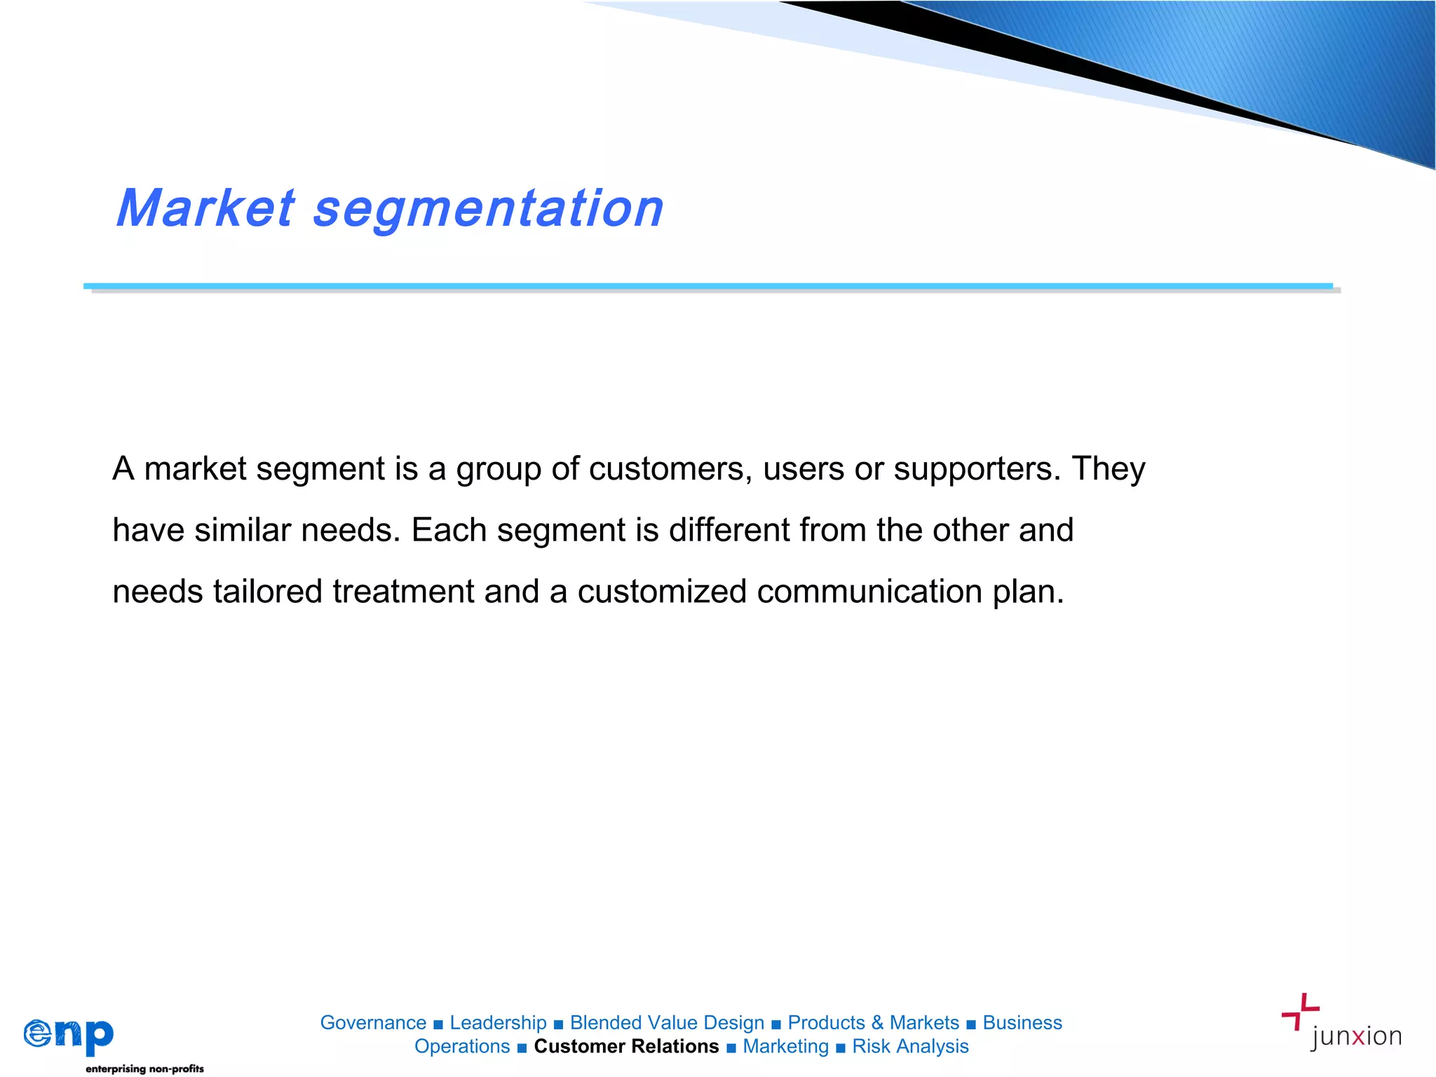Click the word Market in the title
coord(205,208)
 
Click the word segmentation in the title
coord(488,210)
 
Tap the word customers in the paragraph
coord(670,468)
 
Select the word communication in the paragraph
coord(869,592)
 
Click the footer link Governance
coord(373,1023)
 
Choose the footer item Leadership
coord(498,1023)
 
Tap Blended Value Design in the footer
coord(667,1023)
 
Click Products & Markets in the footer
coord(873,1023)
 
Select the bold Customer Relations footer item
coord(626,1047)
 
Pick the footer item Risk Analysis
coord(910,1047)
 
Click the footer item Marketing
coord(785,1047)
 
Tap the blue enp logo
coord(69,1036)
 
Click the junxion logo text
coord(1355,1036)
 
